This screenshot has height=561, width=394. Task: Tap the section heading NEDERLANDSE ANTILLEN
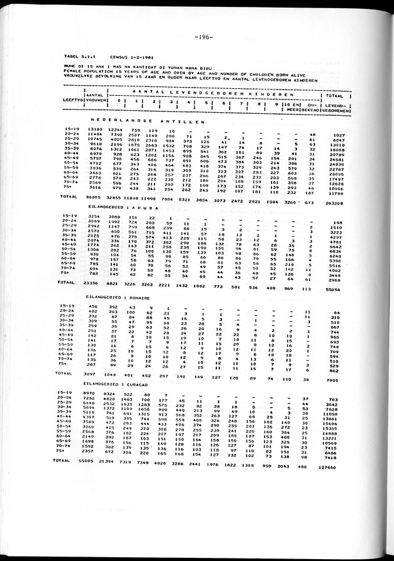coord(148,120)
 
